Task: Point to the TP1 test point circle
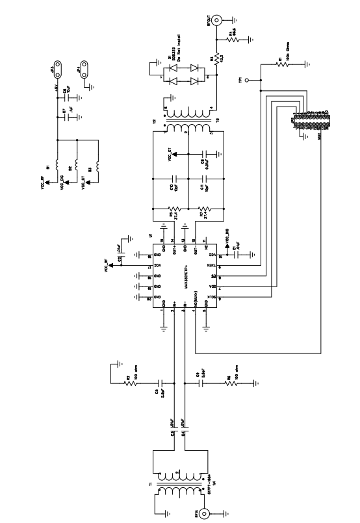(248, 81)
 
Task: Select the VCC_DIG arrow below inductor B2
(65, 183)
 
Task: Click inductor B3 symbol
(96, 170)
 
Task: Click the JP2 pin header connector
(314, 119)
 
